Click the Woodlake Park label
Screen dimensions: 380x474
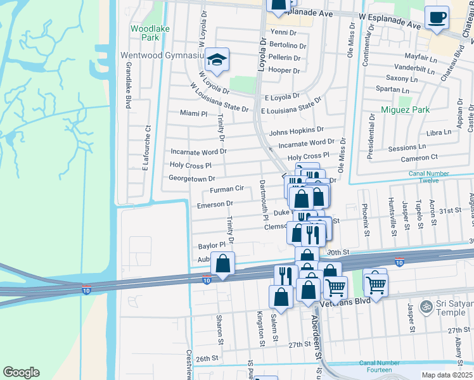pyautogui.click(x=144, y=33)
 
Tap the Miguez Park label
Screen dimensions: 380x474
pyautogui.click(x=406, y=110)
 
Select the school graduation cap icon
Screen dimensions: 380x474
pyautogui.click(x=217, y=60)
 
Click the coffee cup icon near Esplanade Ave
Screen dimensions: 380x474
pyautogui.click(x=435, y=18)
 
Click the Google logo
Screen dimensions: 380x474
pyautogui.click(x=22, y=372)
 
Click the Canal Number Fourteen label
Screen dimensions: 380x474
pyautogui.click(x=378, y=367)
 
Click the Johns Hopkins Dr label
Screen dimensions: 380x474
pyautogui.click(x=296, y=132)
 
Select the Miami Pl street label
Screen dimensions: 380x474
pyautogui.click(x=193, y=113)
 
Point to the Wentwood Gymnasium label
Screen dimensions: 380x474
pyautogui.click(x=162, y=56)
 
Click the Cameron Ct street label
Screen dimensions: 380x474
pyautogui.click(x=419, y=157)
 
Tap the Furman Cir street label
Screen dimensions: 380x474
pyautogui.click(x=226, y=189)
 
